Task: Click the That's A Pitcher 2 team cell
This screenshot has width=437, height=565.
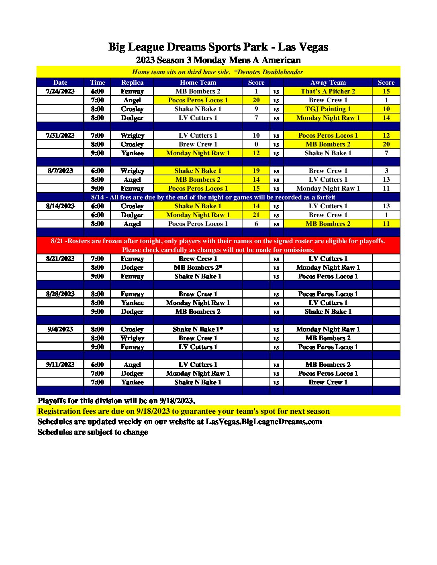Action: [328, 91]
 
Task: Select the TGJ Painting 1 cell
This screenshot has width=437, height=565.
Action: [328, 109]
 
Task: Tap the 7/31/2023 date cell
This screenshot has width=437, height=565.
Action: [60, 136]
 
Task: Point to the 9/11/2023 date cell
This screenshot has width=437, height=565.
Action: [60, 365]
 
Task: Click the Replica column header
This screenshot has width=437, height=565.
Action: [132, 83]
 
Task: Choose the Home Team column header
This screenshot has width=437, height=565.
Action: [198, 83]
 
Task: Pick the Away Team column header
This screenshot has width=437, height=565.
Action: [328, 83]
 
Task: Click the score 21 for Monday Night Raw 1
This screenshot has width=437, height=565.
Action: [256, 215]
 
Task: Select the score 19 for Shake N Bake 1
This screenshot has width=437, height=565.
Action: [256, 171]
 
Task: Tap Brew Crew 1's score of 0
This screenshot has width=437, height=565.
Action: [256, 144]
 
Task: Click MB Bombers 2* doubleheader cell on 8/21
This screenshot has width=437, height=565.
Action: [198, 268]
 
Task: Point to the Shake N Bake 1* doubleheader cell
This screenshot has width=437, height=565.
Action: [198, 329]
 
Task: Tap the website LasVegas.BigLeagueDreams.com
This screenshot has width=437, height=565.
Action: [263, 422]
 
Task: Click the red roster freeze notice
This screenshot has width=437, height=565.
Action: [218, 245]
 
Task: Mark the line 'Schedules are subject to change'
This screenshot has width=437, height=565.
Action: [93, 432]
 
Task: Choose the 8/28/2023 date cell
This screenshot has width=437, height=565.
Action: [60, 294]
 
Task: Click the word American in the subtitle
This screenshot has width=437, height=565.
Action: [281, 60]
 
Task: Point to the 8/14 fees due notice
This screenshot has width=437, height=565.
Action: [213, 197]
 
